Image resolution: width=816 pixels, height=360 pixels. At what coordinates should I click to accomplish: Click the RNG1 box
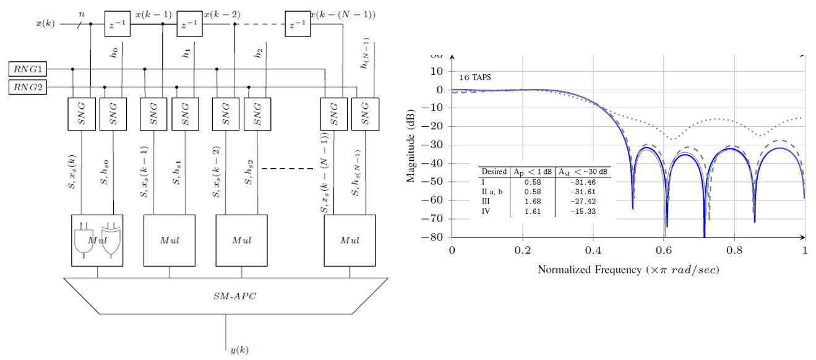(27, 69)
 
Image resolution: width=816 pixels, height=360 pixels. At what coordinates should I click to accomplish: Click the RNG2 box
(27, 87)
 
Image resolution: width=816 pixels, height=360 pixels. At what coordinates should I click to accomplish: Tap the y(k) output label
(239, 350)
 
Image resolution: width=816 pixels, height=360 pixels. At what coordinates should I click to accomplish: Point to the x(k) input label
(45, 24)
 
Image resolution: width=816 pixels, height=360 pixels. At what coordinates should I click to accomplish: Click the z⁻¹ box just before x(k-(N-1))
(298, 24)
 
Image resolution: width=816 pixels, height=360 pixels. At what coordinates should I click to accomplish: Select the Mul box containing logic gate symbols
(97, 240)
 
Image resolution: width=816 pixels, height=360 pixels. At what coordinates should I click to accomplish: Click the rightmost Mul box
(350, 240)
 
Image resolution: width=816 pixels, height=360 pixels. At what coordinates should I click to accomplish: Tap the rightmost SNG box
(365, 114)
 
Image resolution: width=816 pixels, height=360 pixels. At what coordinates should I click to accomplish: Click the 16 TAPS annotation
(475, 78)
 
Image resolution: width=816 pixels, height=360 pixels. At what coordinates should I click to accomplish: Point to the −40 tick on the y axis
(436, 163)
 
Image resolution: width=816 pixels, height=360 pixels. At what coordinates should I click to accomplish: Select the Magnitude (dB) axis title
(410, 147)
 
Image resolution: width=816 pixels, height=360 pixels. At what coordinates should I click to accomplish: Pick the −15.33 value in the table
(583, 212)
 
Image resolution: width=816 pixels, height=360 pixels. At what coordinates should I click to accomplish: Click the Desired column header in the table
(494, 171)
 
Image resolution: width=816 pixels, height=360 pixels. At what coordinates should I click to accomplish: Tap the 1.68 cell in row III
(532, 202)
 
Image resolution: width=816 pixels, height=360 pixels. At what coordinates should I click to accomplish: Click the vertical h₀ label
(114, 53)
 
